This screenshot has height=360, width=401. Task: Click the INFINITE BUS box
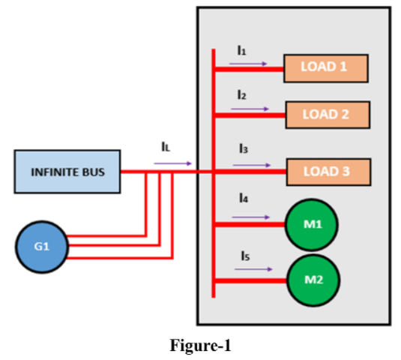pos(67,172)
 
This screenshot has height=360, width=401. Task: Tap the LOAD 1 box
pos(325,67)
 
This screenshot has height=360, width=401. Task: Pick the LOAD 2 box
pos(327,115)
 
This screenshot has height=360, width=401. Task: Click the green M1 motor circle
pos(312,223)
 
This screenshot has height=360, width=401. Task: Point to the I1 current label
pos(241,51)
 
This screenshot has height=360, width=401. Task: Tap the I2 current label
pos(241,96)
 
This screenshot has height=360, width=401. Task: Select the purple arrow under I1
pos(248,64)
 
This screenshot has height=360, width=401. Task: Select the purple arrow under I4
pos(250,217)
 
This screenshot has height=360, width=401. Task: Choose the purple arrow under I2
pos(250,109)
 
